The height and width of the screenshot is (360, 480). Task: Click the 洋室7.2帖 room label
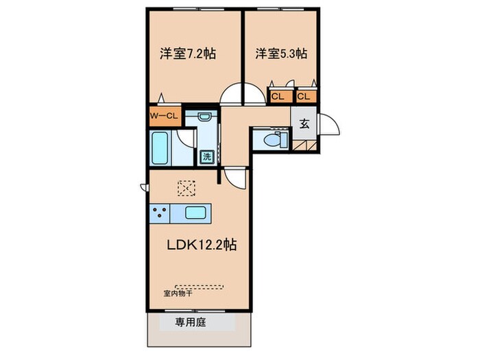pyautogui.click(x=187, y=53)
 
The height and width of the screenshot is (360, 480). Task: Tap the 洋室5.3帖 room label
pyautogui.click(x=281, y=53)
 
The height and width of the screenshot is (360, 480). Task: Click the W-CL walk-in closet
pyautogui.click(x=165, y=116)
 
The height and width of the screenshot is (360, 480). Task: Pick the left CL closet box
pyautogui.click(x=278, y=97)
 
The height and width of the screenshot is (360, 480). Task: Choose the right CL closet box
pyautogui.click(x=304, y=97)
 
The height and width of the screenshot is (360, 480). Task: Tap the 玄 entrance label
pyautogui.click(x=304, y=124)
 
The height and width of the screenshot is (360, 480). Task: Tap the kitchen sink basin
pyautogui.click(x=196, y=213)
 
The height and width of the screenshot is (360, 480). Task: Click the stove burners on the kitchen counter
pyautogui.click(x=160, y=213)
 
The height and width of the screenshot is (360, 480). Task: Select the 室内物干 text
pyautogui.click(x=177, y=293)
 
